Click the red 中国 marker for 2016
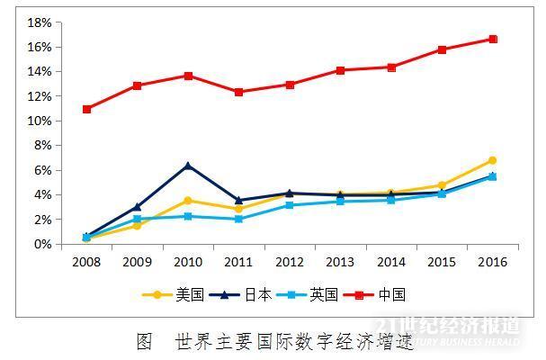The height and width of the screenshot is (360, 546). point(493,39)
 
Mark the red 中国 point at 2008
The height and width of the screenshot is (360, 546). point(86,109)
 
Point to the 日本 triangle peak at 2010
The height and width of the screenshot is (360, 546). point(188,166)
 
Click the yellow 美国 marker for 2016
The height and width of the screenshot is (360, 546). point(493,160)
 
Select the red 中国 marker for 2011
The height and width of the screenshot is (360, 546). point(238,92)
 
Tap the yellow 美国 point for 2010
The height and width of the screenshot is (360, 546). point(188,201)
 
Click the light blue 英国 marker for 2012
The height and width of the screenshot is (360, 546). point(290,205)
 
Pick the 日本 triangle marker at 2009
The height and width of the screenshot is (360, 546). point(137,206)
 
